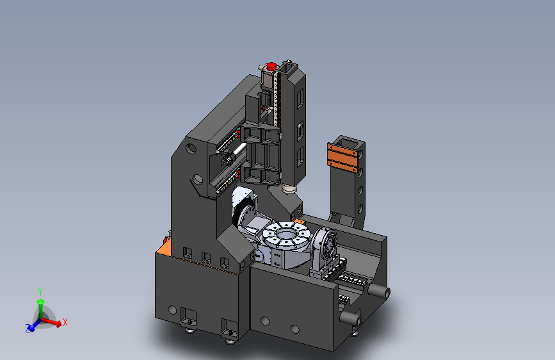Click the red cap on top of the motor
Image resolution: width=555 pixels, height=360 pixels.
[271, 66]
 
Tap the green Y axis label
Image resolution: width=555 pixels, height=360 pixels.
[40, 292]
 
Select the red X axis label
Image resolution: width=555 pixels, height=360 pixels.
[65, 322]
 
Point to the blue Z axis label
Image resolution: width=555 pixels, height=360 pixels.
[28, 329]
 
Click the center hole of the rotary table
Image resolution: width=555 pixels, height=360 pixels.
[286, 234]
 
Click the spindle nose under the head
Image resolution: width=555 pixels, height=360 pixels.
[289, 189]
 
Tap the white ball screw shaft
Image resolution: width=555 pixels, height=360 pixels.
[237, 149]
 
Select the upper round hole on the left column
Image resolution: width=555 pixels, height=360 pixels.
[191, 148]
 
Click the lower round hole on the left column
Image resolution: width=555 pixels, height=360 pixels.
[198, 179]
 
